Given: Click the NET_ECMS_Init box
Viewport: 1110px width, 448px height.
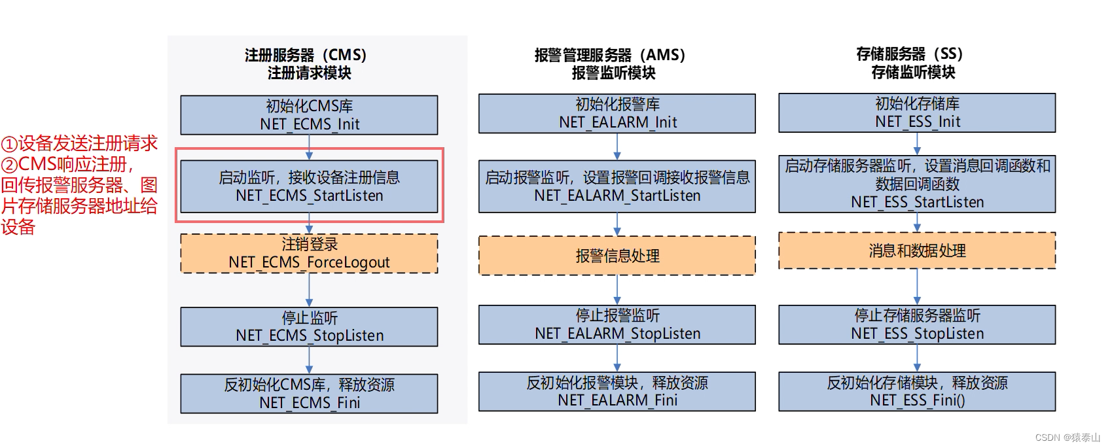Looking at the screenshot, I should [309, 115].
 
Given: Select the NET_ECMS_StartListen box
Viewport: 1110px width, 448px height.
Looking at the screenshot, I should [309, 186].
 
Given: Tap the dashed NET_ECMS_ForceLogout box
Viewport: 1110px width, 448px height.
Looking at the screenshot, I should [309, 254].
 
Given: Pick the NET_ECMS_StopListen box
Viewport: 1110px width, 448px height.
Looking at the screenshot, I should [309, 326].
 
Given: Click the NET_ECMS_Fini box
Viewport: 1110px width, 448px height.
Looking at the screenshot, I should [309, 394].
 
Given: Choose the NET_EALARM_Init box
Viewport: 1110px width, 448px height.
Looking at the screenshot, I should [617, 113].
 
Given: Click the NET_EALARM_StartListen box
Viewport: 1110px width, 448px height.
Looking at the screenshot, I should [617, 186].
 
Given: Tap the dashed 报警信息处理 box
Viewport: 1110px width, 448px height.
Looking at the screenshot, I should [617, 256].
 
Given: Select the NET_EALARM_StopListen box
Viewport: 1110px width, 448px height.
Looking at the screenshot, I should [617, 324].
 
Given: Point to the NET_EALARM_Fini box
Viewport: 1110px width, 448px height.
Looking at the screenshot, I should [617, 391].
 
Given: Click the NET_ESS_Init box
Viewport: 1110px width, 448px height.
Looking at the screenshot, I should [916, 112].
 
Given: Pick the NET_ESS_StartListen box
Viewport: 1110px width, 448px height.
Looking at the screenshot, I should [916, 184].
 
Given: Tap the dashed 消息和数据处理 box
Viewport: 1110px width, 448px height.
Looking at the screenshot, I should [916, 250].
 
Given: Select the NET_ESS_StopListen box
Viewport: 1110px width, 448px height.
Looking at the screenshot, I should [916, 324].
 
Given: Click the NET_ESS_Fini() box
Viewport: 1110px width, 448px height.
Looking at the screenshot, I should [916, 391].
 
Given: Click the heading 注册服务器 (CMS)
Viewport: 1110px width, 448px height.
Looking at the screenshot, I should [306, 55].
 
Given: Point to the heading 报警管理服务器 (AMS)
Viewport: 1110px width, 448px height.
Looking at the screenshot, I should [610, 55].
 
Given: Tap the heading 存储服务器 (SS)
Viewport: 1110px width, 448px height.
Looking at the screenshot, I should [909, 54].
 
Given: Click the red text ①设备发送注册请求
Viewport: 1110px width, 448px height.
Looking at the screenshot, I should [79, 143].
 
